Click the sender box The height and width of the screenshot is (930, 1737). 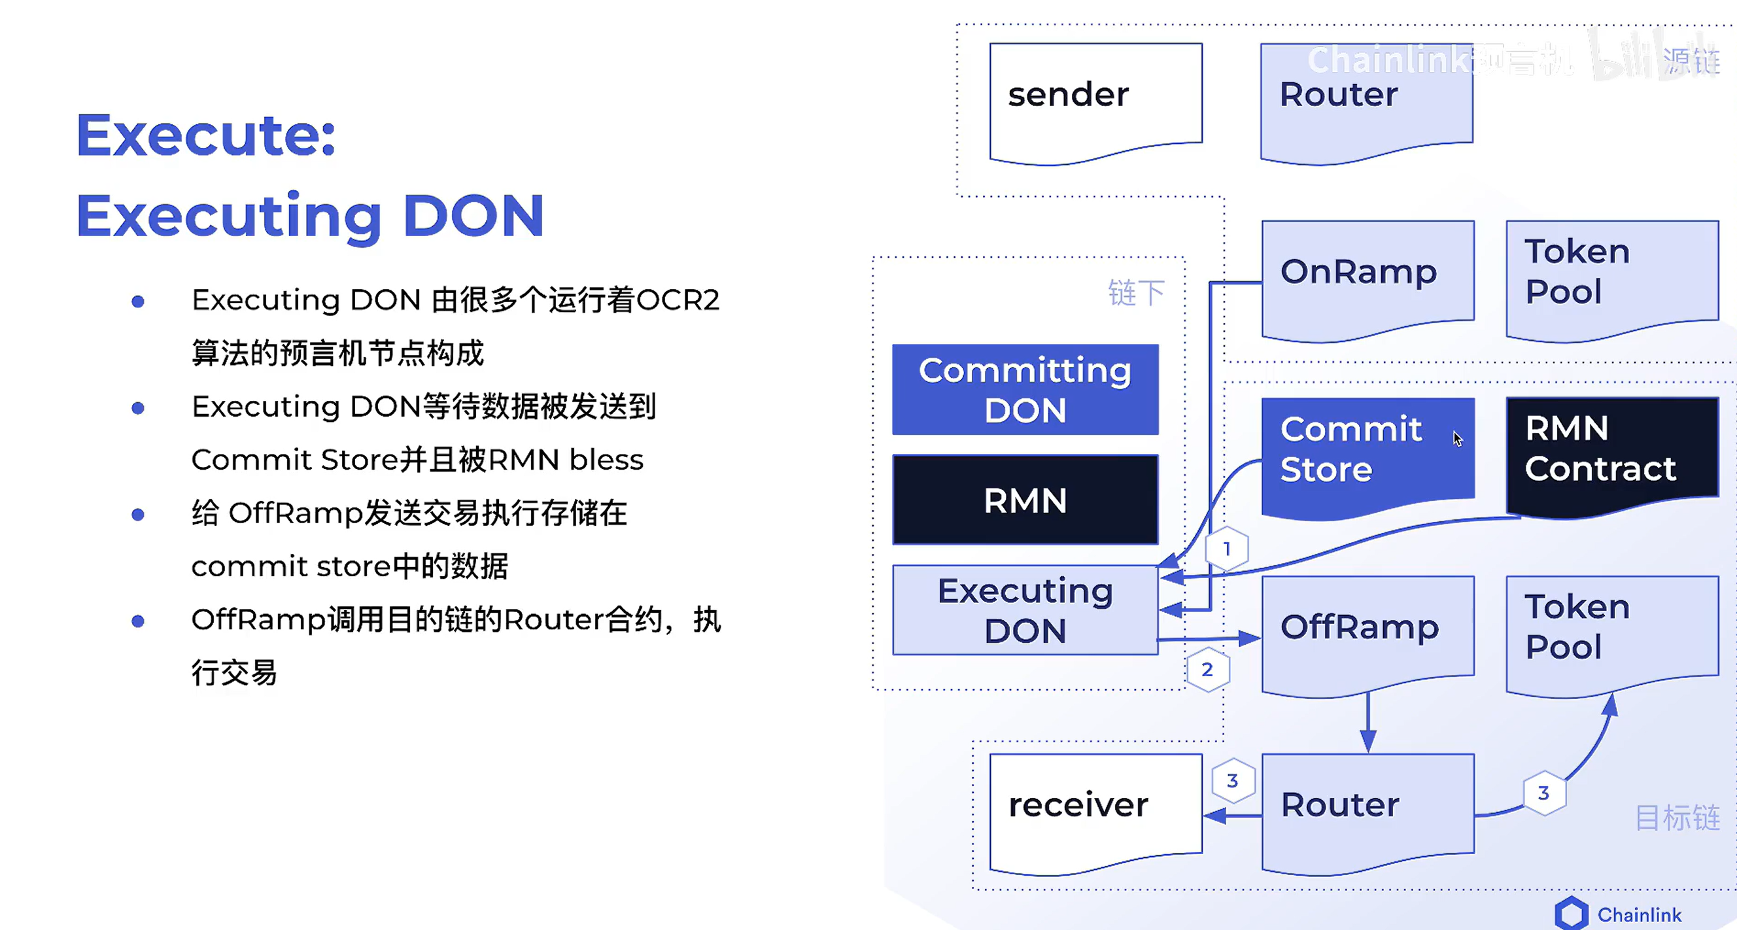(x=1095, y=101)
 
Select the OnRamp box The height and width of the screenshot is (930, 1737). (x=1367, y=277)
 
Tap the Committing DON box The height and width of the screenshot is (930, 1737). (x=1025, y=389)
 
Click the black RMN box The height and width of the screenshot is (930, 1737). (x=1025, y=500)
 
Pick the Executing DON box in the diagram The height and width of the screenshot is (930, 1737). (x=1025, y=610)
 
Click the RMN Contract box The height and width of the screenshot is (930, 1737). (x=1611, y=452)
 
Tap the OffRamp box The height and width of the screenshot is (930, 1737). (x=1367, y=630)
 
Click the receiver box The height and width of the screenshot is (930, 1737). (x=1095, y=809)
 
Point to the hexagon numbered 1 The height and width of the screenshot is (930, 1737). (x=1226, y=549)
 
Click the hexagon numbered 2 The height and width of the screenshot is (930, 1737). (x=1208, y=670)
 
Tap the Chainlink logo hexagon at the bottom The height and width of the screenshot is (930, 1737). (x=1571, y=914)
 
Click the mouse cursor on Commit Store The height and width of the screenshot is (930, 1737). (x=1457, y=438)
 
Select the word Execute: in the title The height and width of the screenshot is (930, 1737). (x=205, y=135)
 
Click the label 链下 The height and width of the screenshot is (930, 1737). (x=1136, y=293)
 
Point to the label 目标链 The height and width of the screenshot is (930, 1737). (x=1677, y=818)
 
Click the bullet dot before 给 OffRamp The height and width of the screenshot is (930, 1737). (x=138, y=515)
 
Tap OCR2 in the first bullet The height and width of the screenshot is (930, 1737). (x=678, y=300)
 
